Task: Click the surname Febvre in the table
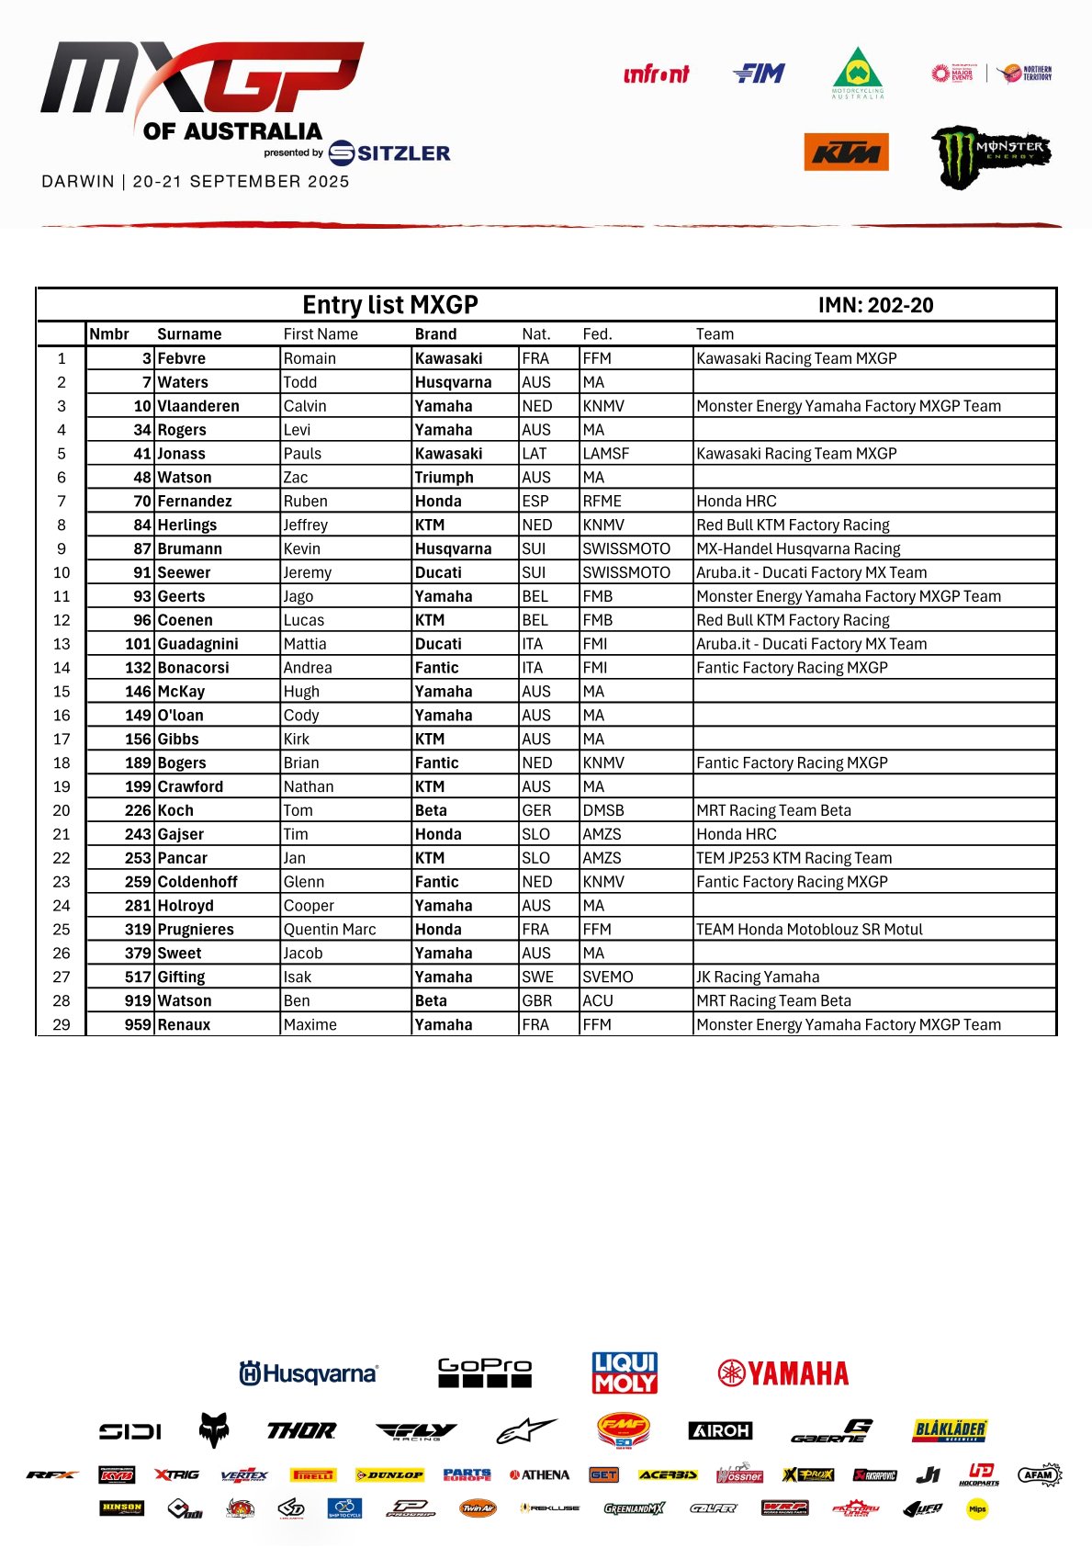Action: [x=182, y=358]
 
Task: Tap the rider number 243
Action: [x=138, y=834]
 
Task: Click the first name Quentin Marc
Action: [x=330, y=930]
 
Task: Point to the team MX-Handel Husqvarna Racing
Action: [x=798, y=548]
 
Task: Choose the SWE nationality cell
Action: [x=537, y=977]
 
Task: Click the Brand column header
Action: [x=435, y=334]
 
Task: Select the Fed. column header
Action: [x=597, y=334]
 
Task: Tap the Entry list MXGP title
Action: [x=390, y=305]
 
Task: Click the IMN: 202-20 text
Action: [x=875, y=305]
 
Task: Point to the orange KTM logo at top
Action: [x=846, y=152]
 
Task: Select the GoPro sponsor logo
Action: [x=485, y=1372]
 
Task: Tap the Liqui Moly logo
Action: [x=625, y=1372]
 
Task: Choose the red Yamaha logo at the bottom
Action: [x=783, y=1373]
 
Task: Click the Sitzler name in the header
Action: [x=402, y=153]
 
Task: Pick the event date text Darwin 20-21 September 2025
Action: [x=196, y=182]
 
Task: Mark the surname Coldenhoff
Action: [x=197, y=882]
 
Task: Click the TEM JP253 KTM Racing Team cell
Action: [x=794, y=858]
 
